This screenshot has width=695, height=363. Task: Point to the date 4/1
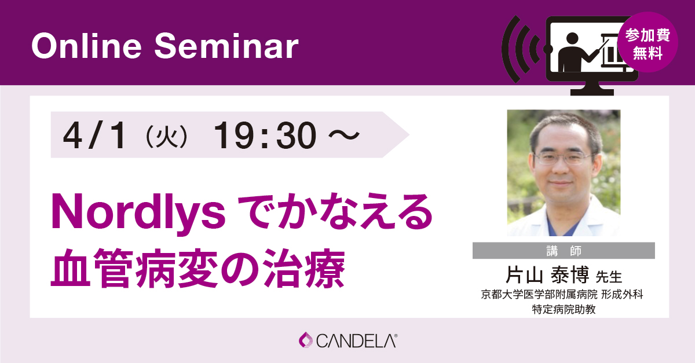tap(96, 137)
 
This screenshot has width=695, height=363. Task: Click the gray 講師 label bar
tap(564, 251)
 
